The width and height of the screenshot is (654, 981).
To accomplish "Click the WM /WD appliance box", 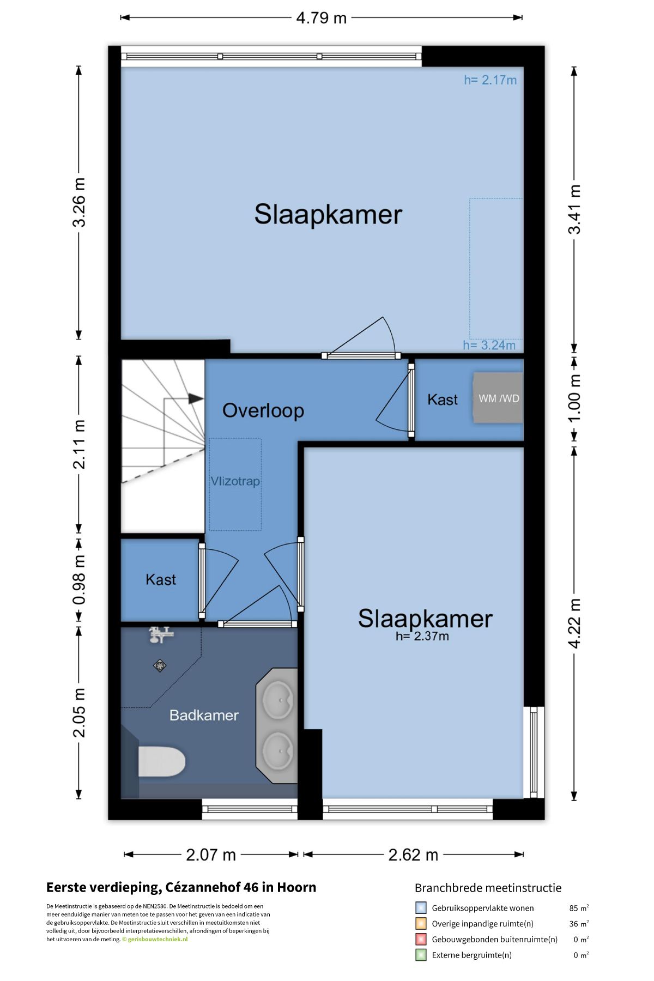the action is click(x=498, y=398).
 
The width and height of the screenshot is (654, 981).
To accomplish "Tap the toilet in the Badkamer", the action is click(x=162, y=761).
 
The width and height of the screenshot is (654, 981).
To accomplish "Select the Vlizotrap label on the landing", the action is click(x=235, y=481).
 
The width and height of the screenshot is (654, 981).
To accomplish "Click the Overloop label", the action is click(x=263, y=410).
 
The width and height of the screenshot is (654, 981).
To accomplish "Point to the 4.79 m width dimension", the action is click(x=322, y=18).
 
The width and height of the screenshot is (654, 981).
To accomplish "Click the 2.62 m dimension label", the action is click(x=413, y=855).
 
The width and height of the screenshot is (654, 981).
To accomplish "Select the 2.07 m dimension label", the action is click(x=211, y=855).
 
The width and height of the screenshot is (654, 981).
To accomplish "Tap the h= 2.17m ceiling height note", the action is click(x=491, y=80).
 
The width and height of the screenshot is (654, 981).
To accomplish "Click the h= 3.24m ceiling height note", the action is click(x=489, y=345).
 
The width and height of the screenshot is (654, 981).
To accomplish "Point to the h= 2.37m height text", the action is click(x=422, y=636).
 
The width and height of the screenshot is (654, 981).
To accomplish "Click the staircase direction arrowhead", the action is click(x=196, y=399).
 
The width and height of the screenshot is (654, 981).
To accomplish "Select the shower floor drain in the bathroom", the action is click(x=160, y=665).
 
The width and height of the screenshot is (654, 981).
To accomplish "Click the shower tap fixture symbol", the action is click(x=161, y=635).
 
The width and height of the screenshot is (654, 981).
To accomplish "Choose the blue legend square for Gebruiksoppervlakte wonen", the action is click(x=421, y=908).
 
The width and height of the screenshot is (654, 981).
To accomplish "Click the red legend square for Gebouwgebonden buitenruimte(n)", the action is click(x=421, y=939).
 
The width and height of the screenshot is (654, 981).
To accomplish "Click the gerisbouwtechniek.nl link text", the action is click(x=158, y=939).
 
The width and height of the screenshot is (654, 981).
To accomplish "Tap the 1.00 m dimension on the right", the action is click(x=574, y=398).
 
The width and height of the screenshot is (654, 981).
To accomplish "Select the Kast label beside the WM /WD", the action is click(x=443, y=399).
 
